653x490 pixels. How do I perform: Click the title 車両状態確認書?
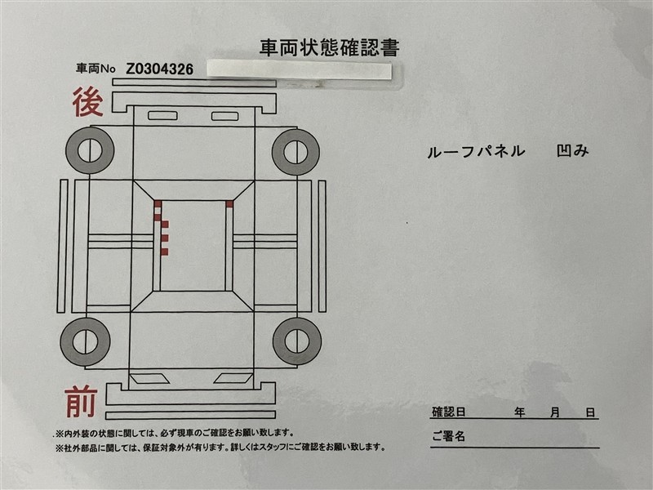point(330,48)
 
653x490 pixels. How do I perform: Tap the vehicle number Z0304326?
point(159,69)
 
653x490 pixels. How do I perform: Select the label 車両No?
point(96,69)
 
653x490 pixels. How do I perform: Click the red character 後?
point(88,102)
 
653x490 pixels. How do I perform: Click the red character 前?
point(81,402)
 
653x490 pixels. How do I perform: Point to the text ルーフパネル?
point(476,152)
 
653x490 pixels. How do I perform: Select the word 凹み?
point(573,151)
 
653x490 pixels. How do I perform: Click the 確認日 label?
point(448,412)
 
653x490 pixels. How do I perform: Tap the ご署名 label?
point(448,436)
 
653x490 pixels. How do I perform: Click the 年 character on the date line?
point(519,412)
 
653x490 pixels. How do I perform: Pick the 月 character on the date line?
point(555,412)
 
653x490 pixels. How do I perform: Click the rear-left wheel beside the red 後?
point(90,150)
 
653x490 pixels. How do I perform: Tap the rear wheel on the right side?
point(295,152)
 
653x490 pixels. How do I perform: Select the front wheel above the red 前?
point(85,341)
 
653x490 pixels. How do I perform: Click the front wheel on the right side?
point(297,341)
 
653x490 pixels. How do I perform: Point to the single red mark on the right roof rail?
point(229,203)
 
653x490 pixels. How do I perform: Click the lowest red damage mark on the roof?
point(164,252)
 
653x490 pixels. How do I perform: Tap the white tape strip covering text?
point(300,70)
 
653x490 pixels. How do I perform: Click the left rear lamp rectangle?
point(162,115)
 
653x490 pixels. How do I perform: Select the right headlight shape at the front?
point(233,378)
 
